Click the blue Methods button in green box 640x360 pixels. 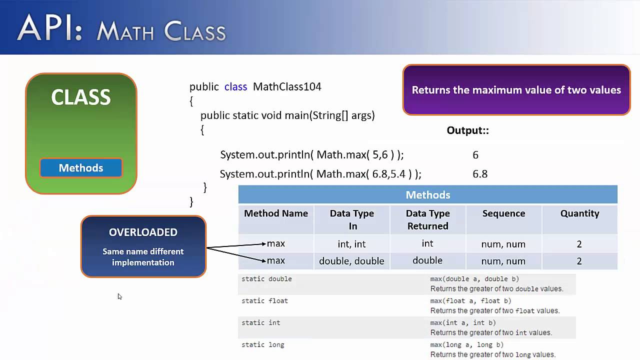click(x=81, y=168)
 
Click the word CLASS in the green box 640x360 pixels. click(x=81, y=97)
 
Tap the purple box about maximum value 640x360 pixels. click(x=516, y=90)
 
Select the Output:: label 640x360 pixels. click(x=467, y=130)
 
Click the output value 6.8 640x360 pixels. click(x=480, y=174)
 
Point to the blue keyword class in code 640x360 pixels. click(x=235, y=86)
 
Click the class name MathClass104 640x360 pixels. click(x=287, y=86)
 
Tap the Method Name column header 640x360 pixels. click(x=276, y=213)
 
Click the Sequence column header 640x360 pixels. click(x=503, y=213)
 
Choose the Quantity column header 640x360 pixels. click(x=579, y=213)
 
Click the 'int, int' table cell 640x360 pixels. click(x=351, y=244)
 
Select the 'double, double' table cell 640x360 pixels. click(x=351, y=261)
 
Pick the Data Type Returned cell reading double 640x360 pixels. click(x=427, y=260)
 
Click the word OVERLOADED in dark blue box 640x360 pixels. click(x=143, y=232)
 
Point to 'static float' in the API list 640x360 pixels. click(x=264, y=301)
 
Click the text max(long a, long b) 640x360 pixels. click(x=467, y=344)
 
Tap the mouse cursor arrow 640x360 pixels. click(x=119, y=296)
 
